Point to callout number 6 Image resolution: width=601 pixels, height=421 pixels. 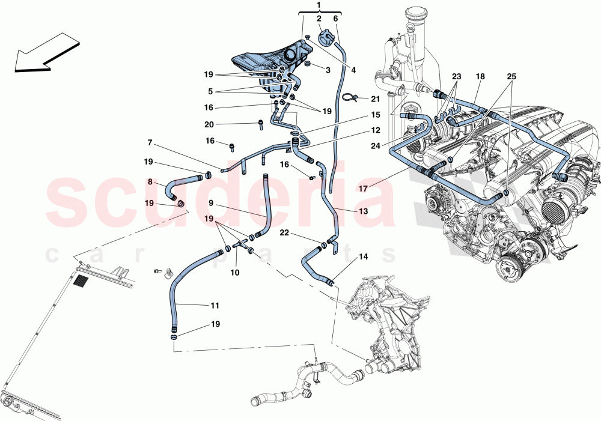click(335, 19)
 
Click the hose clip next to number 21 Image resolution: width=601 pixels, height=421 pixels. click(350, 97)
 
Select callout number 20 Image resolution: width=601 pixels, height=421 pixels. click(209, 124)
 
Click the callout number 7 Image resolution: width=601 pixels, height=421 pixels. click(149, 142)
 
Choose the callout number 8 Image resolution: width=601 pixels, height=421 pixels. click(150, 181)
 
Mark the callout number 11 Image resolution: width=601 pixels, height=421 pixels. click(215, 306)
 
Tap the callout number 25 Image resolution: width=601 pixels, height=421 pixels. click(511, 77)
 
